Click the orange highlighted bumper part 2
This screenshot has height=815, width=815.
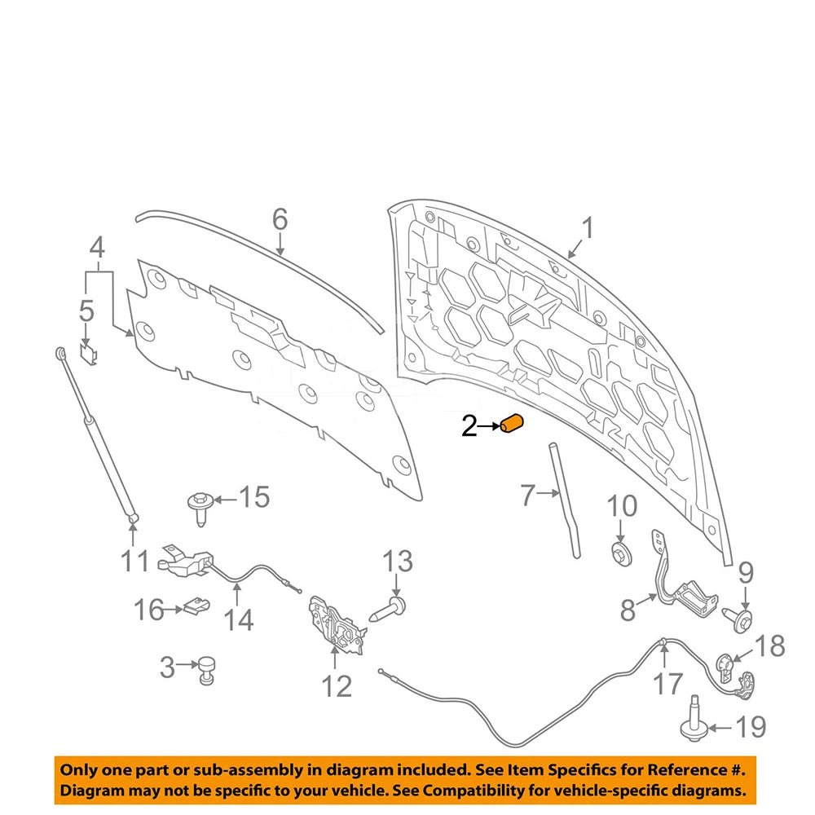(512, 423)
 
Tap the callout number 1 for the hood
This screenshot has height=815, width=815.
(588, 229)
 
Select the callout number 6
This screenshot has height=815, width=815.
(280, 219)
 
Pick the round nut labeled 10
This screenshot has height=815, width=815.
(621, 554)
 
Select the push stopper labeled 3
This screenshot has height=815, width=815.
(205, 670)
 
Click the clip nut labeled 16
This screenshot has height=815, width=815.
(196, 606)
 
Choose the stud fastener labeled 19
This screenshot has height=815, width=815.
(693, 720)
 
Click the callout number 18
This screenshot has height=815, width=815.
(769, 646)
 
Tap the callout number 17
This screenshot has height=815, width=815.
(667, 684)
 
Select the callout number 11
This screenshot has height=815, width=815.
(134, 561)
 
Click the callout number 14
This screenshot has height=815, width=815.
(239, 620)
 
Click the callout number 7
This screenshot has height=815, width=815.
(527, 495)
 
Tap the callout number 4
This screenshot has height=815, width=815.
(97, 248)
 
